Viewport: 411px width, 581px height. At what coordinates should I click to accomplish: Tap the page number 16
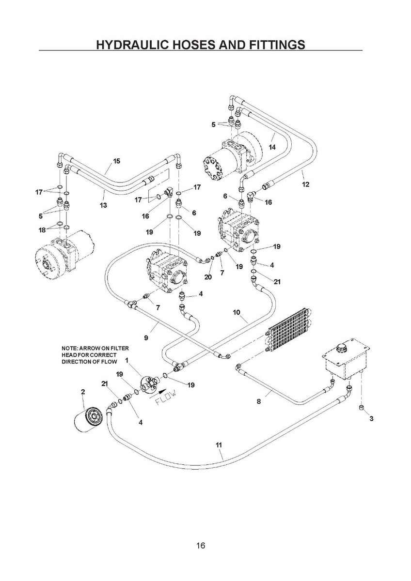point(201,546)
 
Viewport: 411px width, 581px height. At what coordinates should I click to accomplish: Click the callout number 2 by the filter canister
point(83,391)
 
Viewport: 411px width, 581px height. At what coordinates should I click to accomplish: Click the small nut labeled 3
point(362,408)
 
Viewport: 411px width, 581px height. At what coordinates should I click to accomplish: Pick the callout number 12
point(305,184)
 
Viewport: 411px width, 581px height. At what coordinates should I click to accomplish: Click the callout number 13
point(103,205)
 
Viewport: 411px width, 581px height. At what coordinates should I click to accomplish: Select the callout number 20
point(208,277)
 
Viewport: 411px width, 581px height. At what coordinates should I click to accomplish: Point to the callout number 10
point(237,313)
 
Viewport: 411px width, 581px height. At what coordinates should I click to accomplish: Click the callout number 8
point(259,401)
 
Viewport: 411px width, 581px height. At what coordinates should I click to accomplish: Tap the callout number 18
point(42,229)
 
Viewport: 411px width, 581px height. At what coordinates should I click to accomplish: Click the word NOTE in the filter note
point(70,348)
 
